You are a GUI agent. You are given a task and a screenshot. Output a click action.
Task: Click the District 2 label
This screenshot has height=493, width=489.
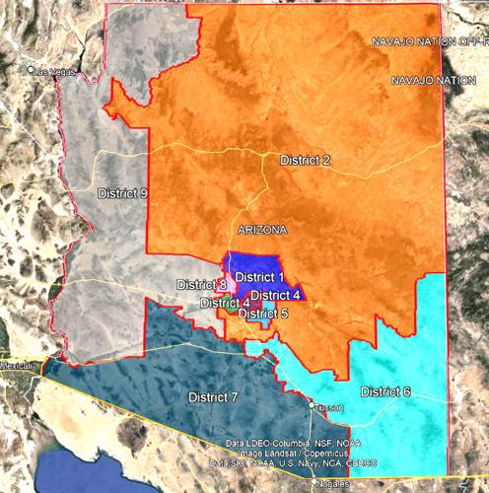pos(305,160)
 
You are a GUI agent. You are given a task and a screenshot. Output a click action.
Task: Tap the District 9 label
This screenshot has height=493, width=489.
pos(122,192)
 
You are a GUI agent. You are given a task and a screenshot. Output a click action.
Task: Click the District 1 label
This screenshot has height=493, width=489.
pos(259,277)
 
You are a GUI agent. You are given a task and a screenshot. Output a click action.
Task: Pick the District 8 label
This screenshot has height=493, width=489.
pos(202,285)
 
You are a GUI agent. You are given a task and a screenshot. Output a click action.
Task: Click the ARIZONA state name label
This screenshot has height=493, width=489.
pos(262,230)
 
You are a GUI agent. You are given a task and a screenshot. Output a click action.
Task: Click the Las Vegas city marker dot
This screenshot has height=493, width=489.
pos(32,70)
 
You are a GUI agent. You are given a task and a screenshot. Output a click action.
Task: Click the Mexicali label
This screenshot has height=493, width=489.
pos(16,365)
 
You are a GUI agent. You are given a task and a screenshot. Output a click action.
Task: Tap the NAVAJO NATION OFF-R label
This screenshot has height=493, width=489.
pos(430,42)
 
